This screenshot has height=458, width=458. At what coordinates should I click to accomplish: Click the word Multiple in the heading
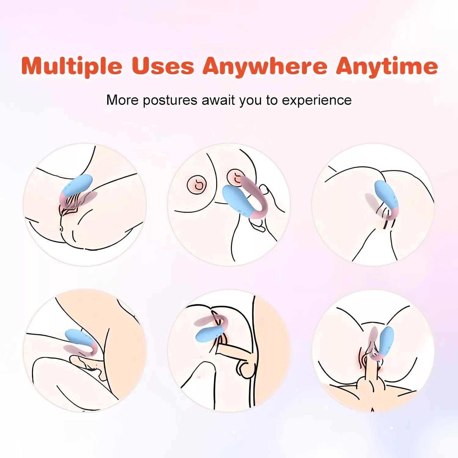point(72,66)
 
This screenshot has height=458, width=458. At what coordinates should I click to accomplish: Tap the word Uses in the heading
point(163,66)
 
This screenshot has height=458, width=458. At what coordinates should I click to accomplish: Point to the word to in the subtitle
point(272,100)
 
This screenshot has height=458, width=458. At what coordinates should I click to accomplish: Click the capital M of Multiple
point(33,66)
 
